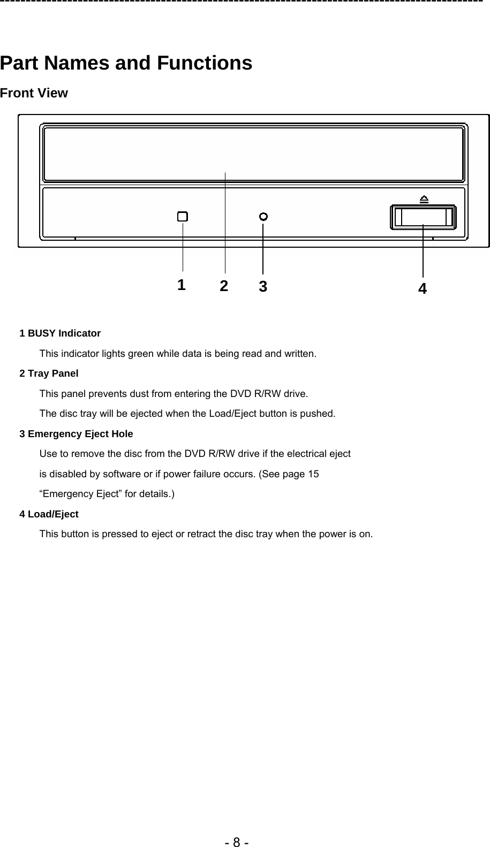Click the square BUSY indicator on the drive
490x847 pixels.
tap(183, 216)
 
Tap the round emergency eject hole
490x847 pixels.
tap(263, 216)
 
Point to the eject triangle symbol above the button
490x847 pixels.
tap(424, 200)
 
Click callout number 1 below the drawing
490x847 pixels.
tap(182, 284)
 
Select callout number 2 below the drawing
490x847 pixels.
tap(224, 286)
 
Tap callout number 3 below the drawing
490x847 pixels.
tap(262, 286)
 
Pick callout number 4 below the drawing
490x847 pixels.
tap(423, 289)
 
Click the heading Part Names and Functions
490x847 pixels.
tap(126, 63)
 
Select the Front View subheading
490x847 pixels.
tap(34, 93)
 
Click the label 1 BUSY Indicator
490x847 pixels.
tap(60, 333)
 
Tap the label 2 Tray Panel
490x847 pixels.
tap(49, 373)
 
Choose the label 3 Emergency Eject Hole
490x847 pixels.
tap(76, 434)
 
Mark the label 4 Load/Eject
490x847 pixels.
tap(49, 514)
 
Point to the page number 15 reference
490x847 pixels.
tap(313, 474)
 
